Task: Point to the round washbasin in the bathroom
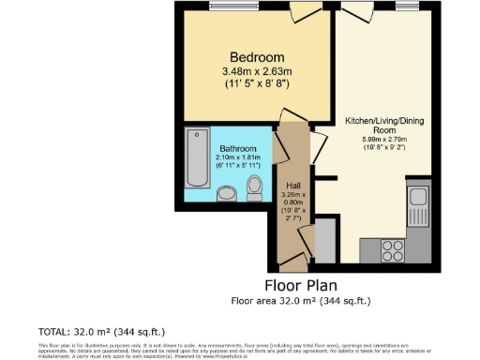point(225,194)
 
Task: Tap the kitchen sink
point(417,200)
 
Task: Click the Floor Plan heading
point(301,285)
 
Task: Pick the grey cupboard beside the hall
point(323,239)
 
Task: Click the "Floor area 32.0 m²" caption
point(301,301)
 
